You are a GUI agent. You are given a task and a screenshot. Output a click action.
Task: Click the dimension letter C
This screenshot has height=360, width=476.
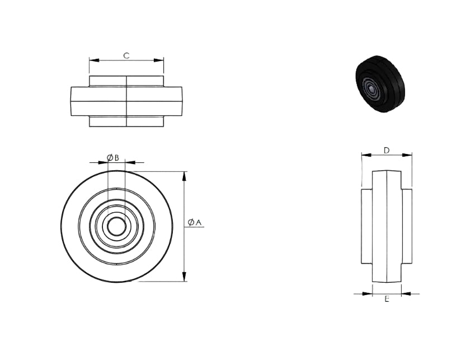pos(126,55)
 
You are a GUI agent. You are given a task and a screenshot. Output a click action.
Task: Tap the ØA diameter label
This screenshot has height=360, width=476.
pos(195,222)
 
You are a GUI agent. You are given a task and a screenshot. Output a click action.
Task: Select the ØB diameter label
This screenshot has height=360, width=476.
pos(112,158)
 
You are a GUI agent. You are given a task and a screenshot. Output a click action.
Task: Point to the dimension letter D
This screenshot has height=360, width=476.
pos(387,151)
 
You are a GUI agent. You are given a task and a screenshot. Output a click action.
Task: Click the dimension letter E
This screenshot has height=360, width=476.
pos(387,299)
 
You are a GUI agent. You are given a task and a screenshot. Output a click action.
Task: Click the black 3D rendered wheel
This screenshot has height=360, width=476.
pos(376,84)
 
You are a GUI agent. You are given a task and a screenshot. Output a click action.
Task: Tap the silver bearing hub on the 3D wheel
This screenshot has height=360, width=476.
pos(371,88)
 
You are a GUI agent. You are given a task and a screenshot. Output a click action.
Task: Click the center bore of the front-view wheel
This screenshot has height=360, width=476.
pos(116,226)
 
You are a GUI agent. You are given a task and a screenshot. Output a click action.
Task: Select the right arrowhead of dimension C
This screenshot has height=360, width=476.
pos(159,60)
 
